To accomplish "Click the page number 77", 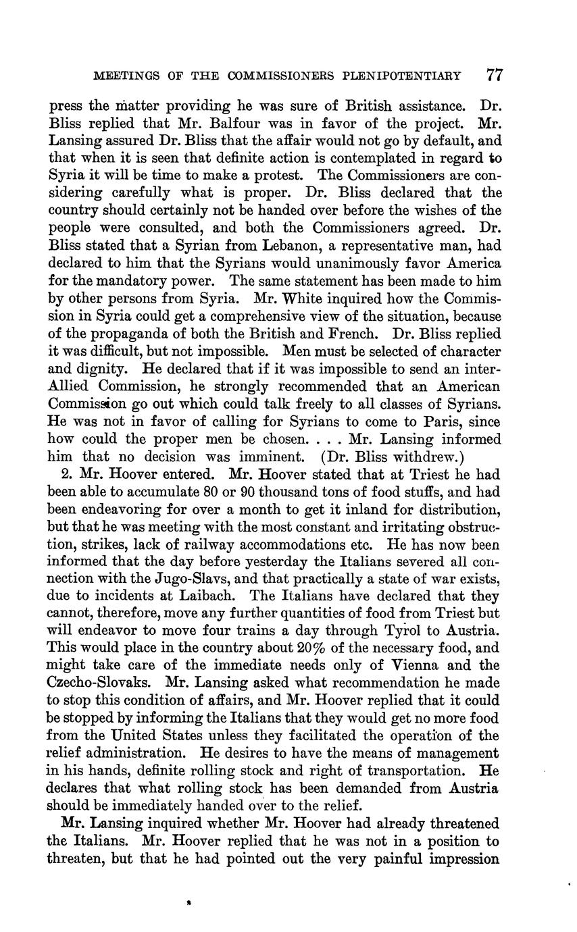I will pyautogui.click(x=495, y=75).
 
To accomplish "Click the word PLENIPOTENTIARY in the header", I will pyautogui.click(x=411, y=76).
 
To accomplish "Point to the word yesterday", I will pyautogui.click(x=247, y=561).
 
